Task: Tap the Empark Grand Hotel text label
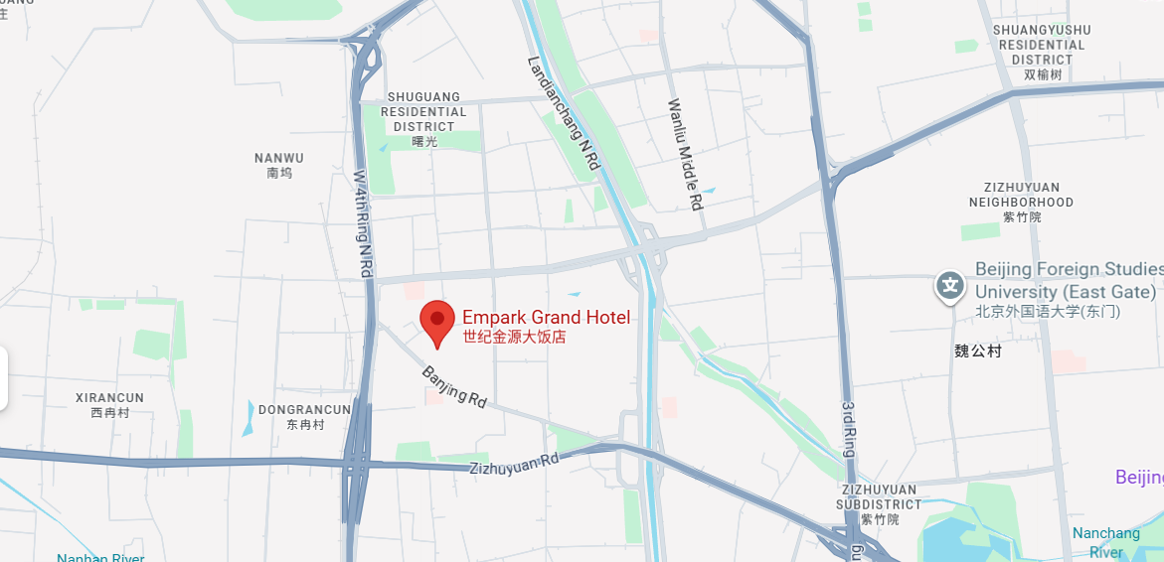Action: pos(546,318)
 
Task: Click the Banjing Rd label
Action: pos(454,387)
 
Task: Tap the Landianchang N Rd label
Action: pos(564,112)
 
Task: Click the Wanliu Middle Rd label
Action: pos(686,154)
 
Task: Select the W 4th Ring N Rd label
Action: pos(364,222)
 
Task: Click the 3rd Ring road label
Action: pos(848,429)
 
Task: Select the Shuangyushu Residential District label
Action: pos(1042,45)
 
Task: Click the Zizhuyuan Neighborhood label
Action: pos(1022,195)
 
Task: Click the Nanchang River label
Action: pos(1105,542)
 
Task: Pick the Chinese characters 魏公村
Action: pos(978,351)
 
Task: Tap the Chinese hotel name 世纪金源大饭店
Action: pos(514,338)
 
